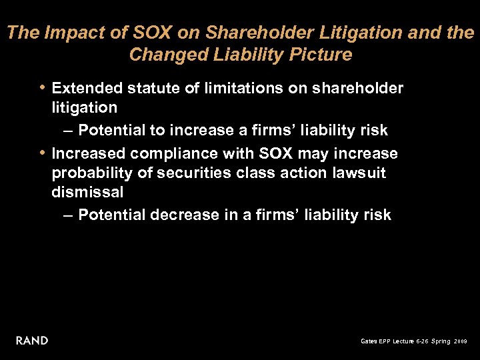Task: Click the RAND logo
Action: [32, 341]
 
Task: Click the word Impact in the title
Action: [70, 32]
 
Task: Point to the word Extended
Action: [85, 89]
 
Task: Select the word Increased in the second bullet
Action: [88, 153]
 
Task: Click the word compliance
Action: [171, 154]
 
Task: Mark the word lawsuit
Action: [359, 173]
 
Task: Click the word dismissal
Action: [87, 193]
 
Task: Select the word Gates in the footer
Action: [368, 341]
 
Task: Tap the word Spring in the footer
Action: [439, 341]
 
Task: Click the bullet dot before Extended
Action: [43, 87]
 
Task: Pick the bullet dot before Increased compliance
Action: [43, 152]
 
